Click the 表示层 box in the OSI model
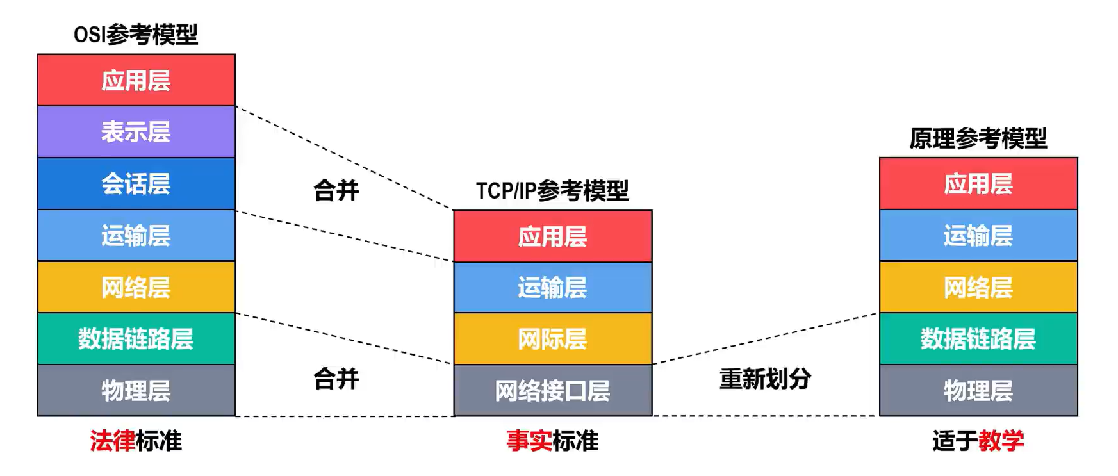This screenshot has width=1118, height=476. coord(136,132)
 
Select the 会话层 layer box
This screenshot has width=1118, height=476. coord(136,184)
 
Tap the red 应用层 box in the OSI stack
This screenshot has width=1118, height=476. coord(136,80)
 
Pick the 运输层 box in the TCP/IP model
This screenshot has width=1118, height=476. coord(553,288)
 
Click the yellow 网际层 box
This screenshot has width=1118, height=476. coord(553,339)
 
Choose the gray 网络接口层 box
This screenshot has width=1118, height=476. coord(553,391)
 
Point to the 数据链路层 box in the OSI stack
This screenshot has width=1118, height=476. coord(136,339)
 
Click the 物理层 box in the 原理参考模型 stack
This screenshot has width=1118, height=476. coord(978,391)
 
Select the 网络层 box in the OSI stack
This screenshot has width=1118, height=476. coord(136,287)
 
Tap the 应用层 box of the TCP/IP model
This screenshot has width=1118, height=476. coord(553,236)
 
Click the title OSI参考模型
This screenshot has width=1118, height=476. coord(136,35)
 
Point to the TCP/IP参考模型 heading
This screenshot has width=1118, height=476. coord(552,191)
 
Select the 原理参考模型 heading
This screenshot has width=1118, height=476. coord(978,138)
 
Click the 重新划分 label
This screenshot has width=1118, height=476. coord(766,379)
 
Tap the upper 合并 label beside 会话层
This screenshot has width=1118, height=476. coord(336,190)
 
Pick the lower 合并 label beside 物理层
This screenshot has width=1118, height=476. coord(336,379)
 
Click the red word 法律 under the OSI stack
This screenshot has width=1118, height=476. coord(113,441)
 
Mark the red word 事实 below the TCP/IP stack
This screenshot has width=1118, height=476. coord(529,441)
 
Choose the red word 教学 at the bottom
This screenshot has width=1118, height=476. coord(1001,441)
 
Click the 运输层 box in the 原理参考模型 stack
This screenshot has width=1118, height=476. coord(978,236)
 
